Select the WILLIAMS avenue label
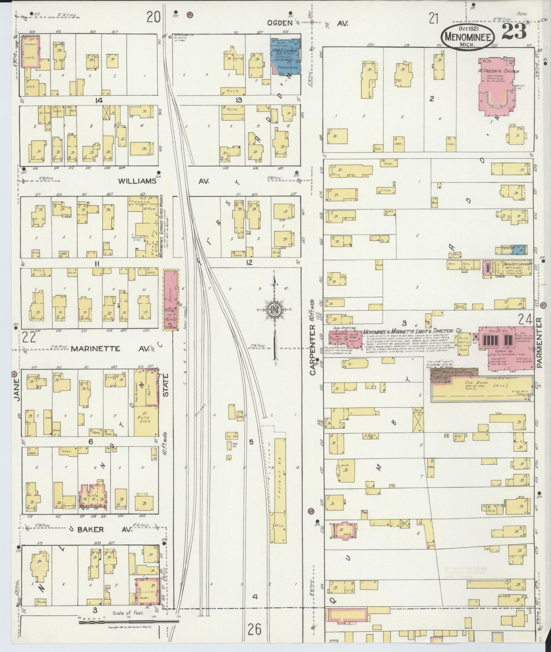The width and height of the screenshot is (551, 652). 137,181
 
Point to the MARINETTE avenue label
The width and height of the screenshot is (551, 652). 95,349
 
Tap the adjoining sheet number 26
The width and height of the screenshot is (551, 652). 255,629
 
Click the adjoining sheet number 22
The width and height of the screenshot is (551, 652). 29,337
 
